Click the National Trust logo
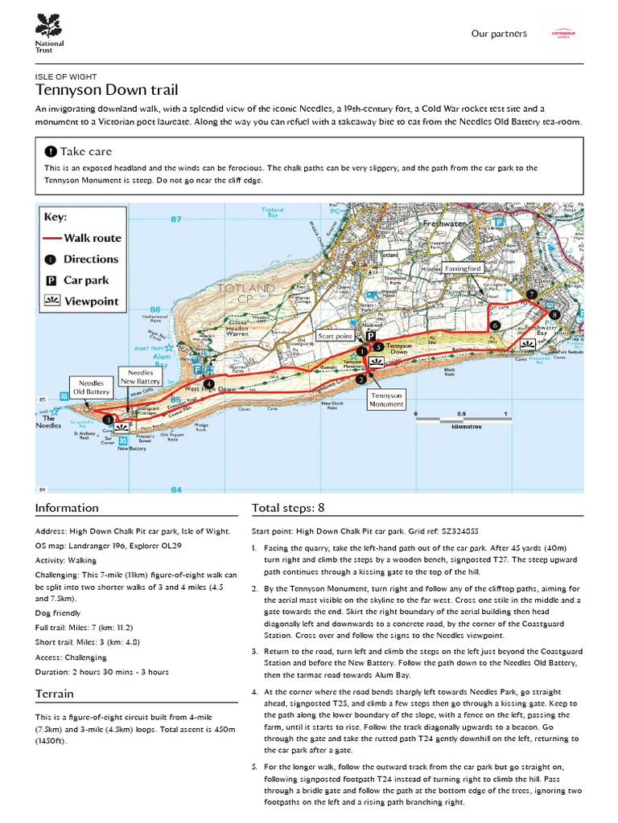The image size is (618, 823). pos(48,33)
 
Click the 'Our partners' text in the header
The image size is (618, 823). pos(499,34)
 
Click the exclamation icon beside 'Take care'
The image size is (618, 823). pos(51,151)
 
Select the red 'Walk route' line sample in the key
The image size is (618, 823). pos(52,239)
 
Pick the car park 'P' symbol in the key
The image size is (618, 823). pos(51,280)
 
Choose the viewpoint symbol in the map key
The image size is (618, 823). pos(51,301)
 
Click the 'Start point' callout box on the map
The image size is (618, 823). pos(336,336)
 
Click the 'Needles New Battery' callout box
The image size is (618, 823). pos(140,377)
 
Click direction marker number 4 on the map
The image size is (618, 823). pos(209,384)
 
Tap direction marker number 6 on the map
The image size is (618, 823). pos(495,325)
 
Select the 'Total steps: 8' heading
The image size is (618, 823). pos(288,508)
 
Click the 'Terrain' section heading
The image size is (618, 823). pos(55,694)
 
